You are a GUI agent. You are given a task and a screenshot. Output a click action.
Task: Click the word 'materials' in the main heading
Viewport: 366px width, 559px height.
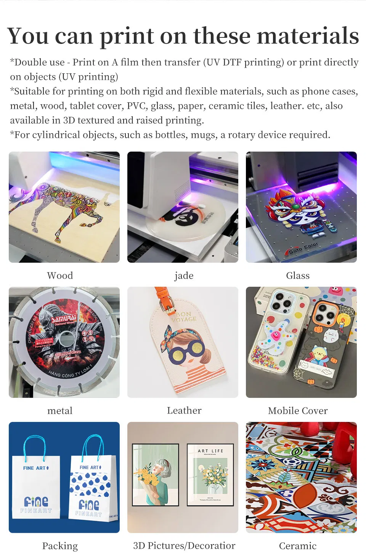click(308, 36)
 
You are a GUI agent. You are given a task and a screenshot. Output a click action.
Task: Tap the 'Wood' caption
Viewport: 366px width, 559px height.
click(60, 276)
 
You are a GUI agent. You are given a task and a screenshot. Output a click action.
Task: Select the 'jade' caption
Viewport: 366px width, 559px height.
click(184, 276)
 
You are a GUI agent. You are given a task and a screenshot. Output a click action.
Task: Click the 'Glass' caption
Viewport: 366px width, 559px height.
click(298, 276)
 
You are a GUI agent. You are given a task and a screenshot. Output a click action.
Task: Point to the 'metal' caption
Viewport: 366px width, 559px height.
click(60, 411)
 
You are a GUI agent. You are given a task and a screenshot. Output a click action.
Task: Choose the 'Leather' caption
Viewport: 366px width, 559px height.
click(184, 410)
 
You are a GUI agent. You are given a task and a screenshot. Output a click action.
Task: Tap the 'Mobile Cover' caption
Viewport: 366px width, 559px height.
click(298, 411)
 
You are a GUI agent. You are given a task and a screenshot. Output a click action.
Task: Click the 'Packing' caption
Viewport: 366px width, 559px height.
click(60, 546)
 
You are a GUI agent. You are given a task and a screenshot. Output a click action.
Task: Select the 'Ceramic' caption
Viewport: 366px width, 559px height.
click(298, 546)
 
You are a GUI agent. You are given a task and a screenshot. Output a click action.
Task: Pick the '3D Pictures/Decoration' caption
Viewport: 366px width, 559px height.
click(184, 546)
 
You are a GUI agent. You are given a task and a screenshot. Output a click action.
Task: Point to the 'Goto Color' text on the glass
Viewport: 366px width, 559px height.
click(303, 249)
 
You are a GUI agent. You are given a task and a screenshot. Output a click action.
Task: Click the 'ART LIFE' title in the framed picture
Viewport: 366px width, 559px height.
click(210, 451)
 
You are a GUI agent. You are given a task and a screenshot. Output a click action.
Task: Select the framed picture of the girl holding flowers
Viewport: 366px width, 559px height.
click(155, 475)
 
